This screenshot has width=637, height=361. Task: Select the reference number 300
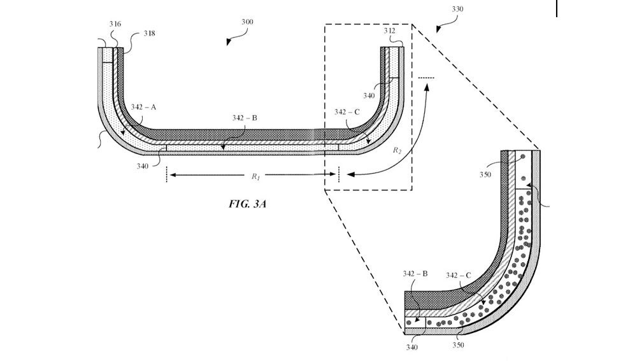pos(247,22)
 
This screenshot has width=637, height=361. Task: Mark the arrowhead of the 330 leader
pos(438,29)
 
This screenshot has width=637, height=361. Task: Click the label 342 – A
pos(144,109)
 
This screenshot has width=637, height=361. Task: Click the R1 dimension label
pos(255,177)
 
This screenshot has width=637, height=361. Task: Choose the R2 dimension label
pos(397,150)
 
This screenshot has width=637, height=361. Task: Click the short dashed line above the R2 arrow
pos(426,78)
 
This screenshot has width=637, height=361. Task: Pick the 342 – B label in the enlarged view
pos(415,274)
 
